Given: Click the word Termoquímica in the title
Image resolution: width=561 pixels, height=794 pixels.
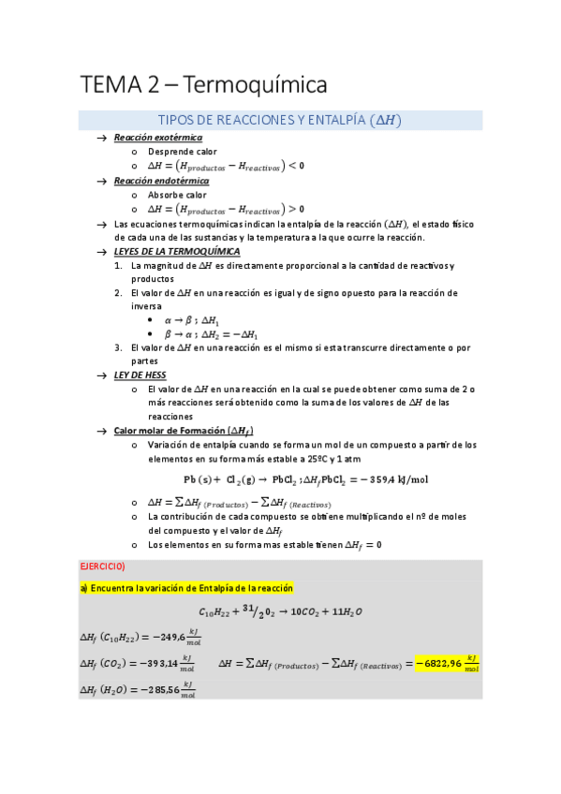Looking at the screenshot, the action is [254, 85].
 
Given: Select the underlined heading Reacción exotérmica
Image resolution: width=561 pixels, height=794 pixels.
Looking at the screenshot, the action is [157, 138].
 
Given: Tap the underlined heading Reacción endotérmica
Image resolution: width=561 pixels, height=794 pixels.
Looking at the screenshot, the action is [161, 181].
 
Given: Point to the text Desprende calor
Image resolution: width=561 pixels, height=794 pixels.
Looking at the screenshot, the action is [183, 152].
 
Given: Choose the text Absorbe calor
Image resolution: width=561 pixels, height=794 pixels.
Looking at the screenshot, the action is [177, 195].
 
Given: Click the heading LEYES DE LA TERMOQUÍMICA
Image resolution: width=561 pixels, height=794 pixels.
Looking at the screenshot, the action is [176, 252].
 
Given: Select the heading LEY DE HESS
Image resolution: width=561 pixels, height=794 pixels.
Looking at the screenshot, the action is [140, 375].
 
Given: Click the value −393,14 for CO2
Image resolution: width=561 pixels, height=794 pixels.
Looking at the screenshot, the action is [157, 664].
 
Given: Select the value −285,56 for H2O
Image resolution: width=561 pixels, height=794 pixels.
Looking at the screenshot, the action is [159, 691].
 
